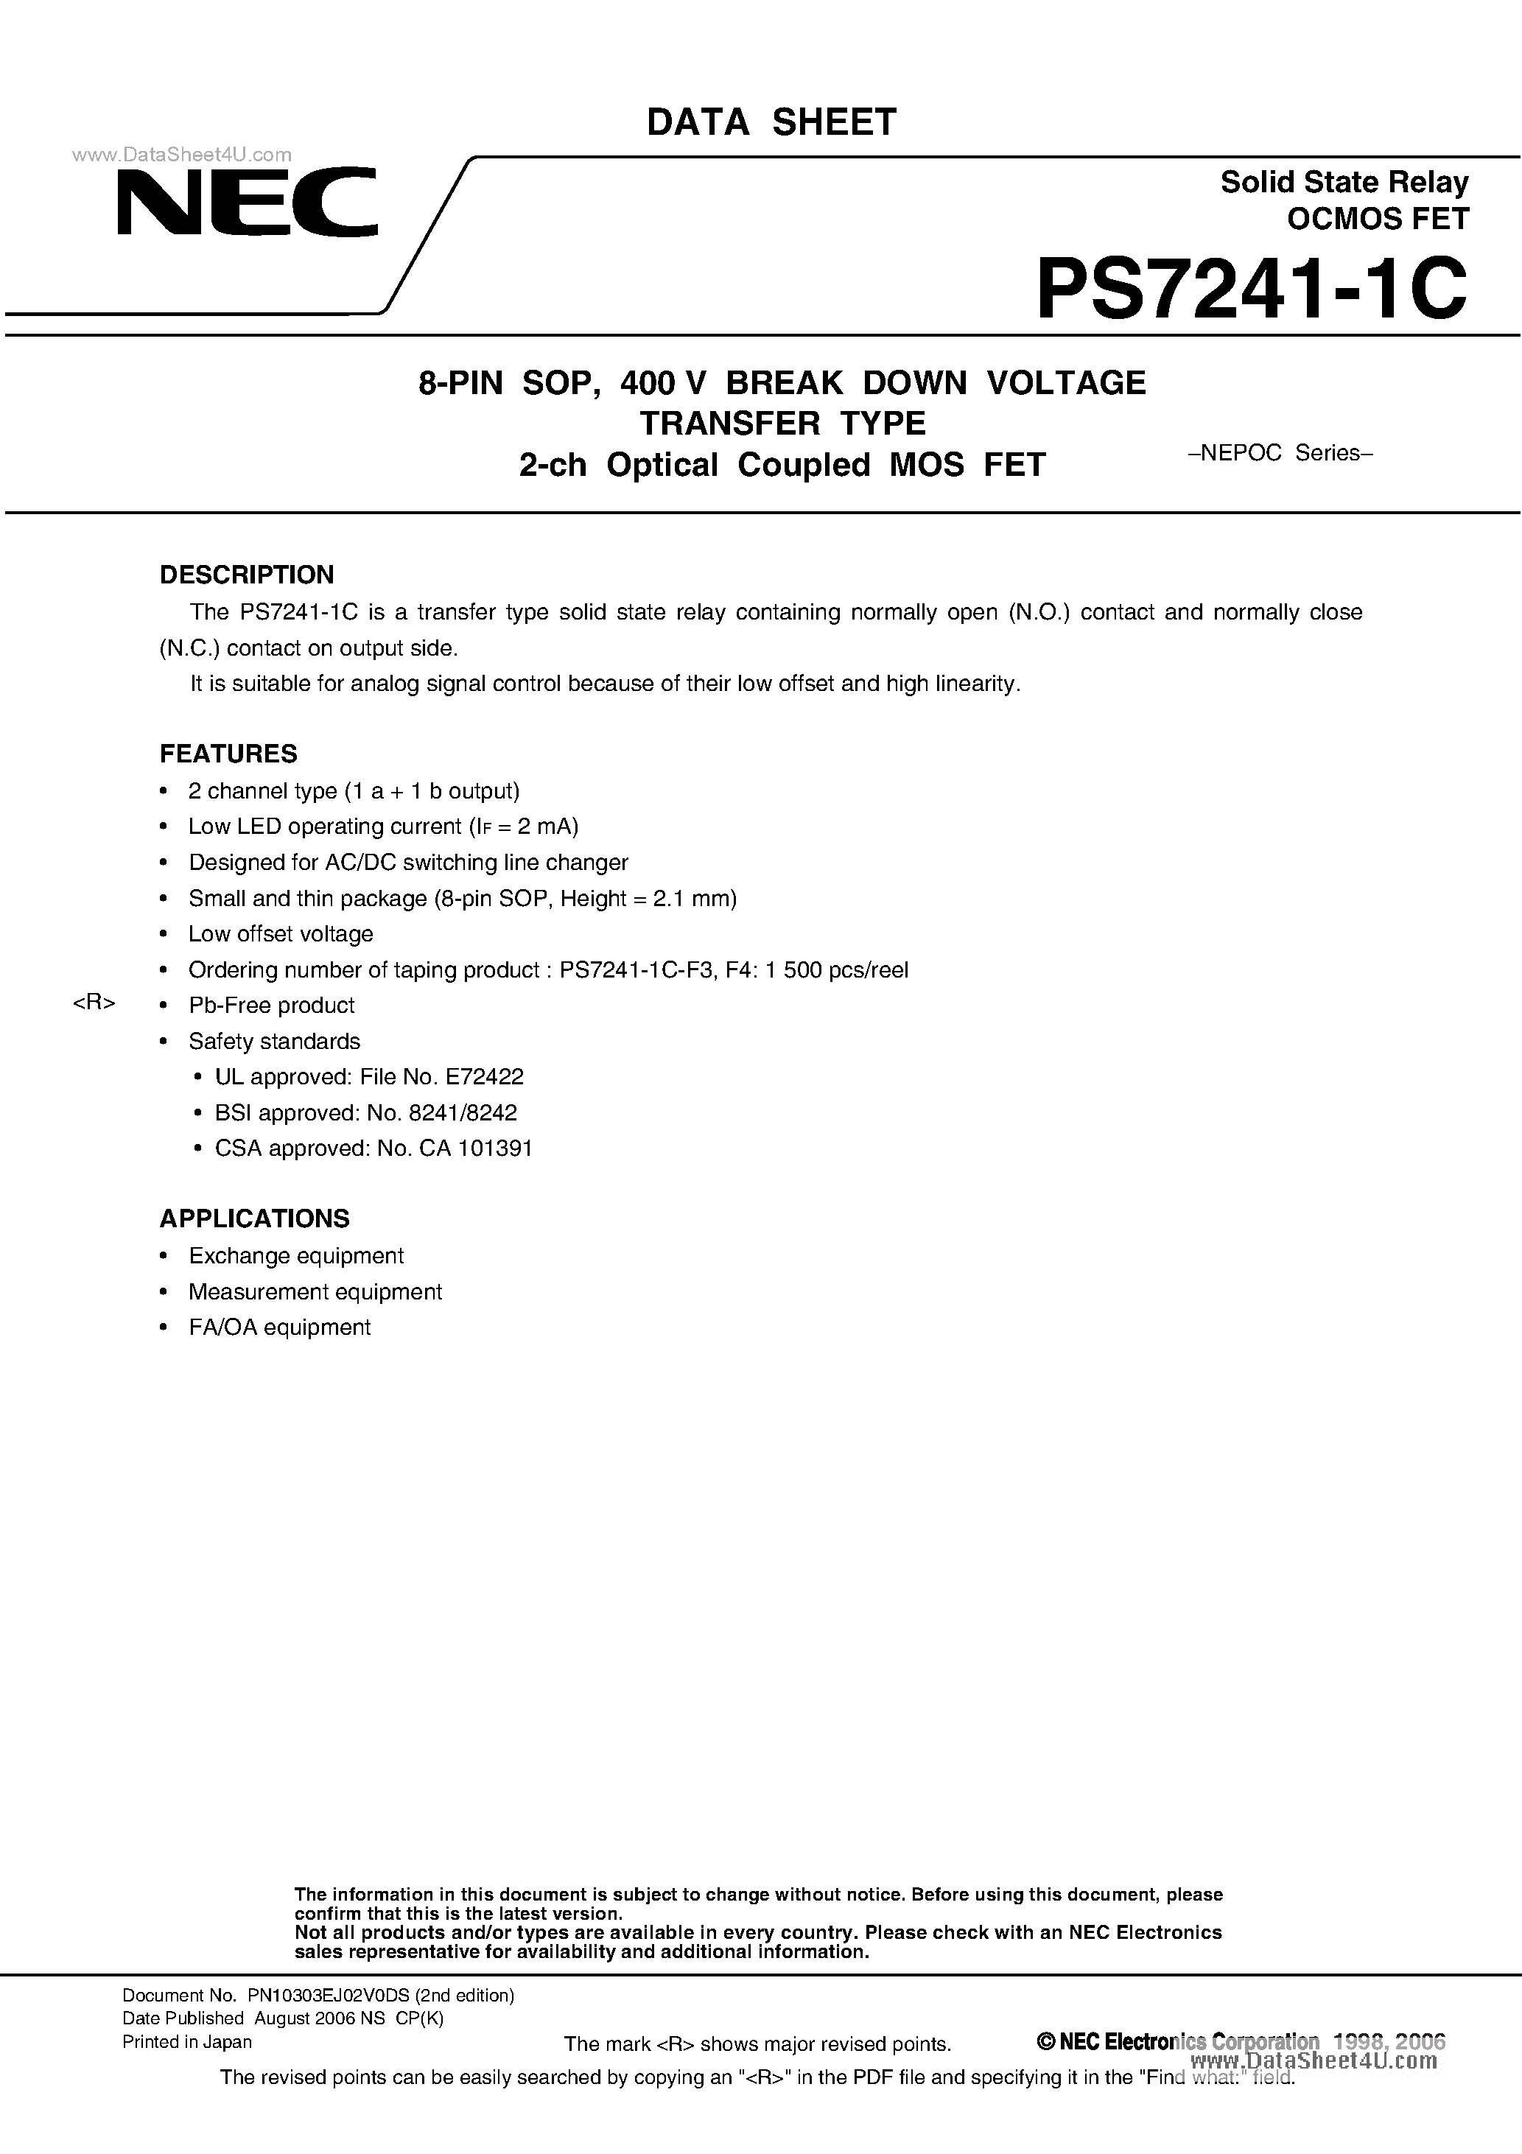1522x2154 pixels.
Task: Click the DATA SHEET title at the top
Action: [771, 123]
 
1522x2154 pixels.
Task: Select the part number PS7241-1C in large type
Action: [1251, 290]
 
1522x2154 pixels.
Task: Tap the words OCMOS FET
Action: [1377, 219]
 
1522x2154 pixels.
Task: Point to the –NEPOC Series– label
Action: [1281, 453]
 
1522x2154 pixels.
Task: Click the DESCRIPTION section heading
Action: [247, 574]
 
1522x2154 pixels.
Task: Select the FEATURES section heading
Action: [228, 754]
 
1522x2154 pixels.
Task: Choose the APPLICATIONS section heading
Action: [254, 1218]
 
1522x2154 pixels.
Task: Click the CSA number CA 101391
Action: [476, 1148]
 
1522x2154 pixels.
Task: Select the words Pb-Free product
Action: [271, 1006]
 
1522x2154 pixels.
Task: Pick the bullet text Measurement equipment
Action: [315, 1292]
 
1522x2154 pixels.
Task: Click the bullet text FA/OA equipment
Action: [280, 1327]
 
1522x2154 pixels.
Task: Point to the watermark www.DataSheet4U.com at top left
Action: [182, 155]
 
